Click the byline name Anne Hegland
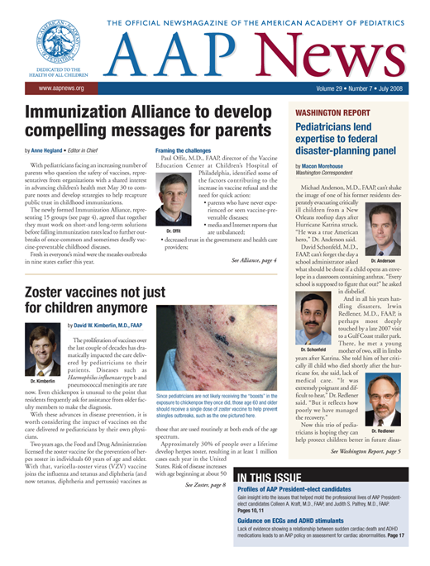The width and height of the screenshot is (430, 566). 52,151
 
